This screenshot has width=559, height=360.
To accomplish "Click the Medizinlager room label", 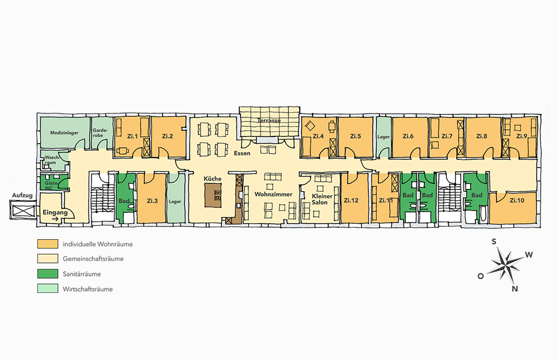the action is pos(64,133).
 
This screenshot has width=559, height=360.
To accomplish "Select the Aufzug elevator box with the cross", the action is pos(23,210).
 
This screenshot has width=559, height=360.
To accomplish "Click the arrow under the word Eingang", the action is pos(55,220).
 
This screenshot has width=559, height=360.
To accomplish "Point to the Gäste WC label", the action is pos(51,186).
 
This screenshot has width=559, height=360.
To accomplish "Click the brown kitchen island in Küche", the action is pos(213,195).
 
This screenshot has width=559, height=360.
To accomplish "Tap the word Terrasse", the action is pos(269,121).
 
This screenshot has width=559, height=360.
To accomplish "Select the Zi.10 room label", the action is pos(517,200).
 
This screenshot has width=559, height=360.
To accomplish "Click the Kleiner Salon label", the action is pos(321,199).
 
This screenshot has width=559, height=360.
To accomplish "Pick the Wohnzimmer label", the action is pos(273,195).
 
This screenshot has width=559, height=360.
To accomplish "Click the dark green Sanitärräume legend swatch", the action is pos(48,274).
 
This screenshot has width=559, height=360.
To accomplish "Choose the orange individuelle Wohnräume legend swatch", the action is pos(48,244).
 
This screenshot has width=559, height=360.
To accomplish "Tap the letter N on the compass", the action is pos(514,288).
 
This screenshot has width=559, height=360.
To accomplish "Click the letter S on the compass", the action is pos(494,242).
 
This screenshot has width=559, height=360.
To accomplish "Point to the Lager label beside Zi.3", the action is pos(174,201).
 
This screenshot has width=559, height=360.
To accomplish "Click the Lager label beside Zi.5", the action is pos(383,137).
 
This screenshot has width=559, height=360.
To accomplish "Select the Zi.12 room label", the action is pos(351,200).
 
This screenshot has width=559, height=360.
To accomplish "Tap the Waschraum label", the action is pos(51,160).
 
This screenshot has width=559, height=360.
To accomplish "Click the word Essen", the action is pos(242,153).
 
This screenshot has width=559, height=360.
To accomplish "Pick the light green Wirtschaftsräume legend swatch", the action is pos(48,288).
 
